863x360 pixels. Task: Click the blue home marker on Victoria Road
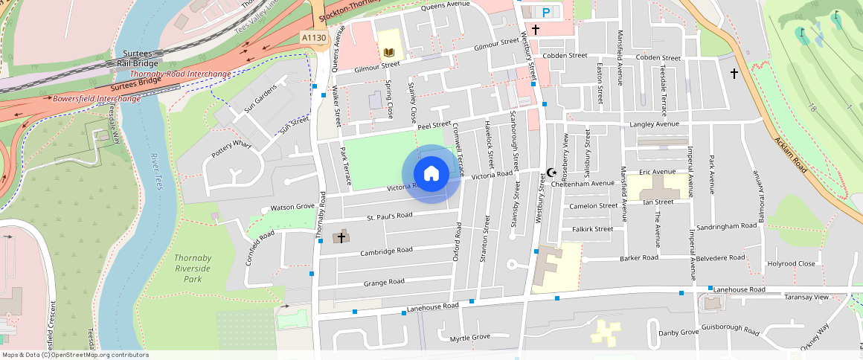click(431, 174)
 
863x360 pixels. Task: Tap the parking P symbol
click(547, 12)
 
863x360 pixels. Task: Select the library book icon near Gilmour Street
click(388, 52)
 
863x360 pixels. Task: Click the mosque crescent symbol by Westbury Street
click(551, 173)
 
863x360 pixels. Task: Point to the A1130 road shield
click(313, 37)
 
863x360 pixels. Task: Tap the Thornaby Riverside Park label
click(193, 269)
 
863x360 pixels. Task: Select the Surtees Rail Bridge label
click(135, 60)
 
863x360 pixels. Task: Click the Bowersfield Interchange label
click(96, 98)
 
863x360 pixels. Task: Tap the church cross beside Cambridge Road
click(341, 237)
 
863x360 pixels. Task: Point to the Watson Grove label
click(292, 207)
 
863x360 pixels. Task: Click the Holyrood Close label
click(792, 263)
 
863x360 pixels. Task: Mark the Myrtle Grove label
click(470, 338)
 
